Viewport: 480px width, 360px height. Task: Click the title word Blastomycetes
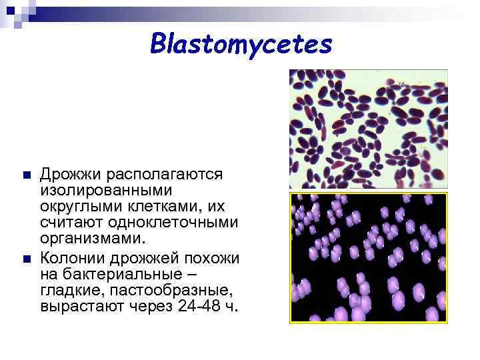(x=241, y=45)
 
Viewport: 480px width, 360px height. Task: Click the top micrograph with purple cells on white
(x=368, y=129)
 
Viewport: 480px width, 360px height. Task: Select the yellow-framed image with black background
(x=368, y=258)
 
